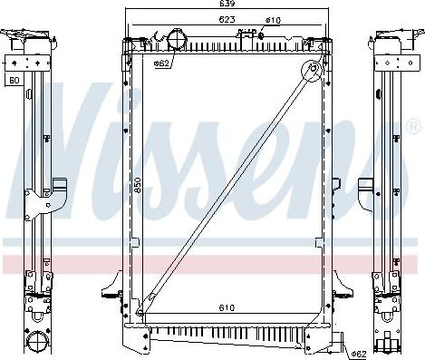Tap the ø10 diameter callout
coord(272,19)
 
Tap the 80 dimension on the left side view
coord(14,81)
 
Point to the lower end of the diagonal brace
coord(140,312)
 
